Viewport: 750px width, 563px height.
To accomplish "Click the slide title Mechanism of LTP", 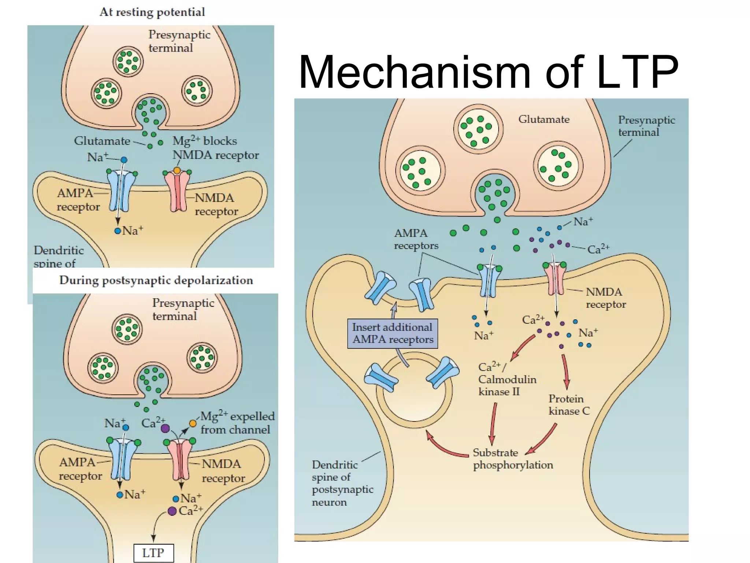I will pyautogui.click(x=489, y=72).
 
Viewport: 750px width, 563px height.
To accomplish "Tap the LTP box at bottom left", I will pyautogui.click(x=153, y=553).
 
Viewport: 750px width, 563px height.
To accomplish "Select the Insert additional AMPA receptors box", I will pyautogui.click(x=392, y=334).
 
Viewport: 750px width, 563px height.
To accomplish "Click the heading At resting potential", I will pyautogui.click(x=152, y=12).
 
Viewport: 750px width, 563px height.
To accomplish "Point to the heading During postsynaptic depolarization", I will pyautogui.click(x=156, y=280).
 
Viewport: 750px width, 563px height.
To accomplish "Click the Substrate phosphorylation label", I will pyautogui.click(x=513, y=459).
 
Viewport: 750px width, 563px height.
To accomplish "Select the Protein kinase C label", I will pyautogui.click(x=569, y=405).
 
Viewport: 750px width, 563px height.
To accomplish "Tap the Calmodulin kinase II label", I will pyautogui.click(x=507, y=380).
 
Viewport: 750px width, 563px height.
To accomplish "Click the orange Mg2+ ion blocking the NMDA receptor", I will pyautogui.click(x=177, y=170).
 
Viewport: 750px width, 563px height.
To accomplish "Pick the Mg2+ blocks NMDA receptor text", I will pyautogui.click(x=215, y=148).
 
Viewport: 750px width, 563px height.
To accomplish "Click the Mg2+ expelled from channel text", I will pyautogui.click(x=237, y=423).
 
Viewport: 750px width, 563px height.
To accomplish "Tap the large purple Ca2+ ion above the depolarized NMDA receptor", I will pyautogui.click(x=165, y=428).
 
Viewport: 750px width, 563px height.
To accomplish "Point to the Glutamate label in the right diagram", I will pyautogui.click(x=544, y=119).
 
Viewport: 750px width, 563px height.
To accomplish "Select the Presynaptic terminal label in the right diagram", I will pyautogui.click(x=646, y=126).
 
